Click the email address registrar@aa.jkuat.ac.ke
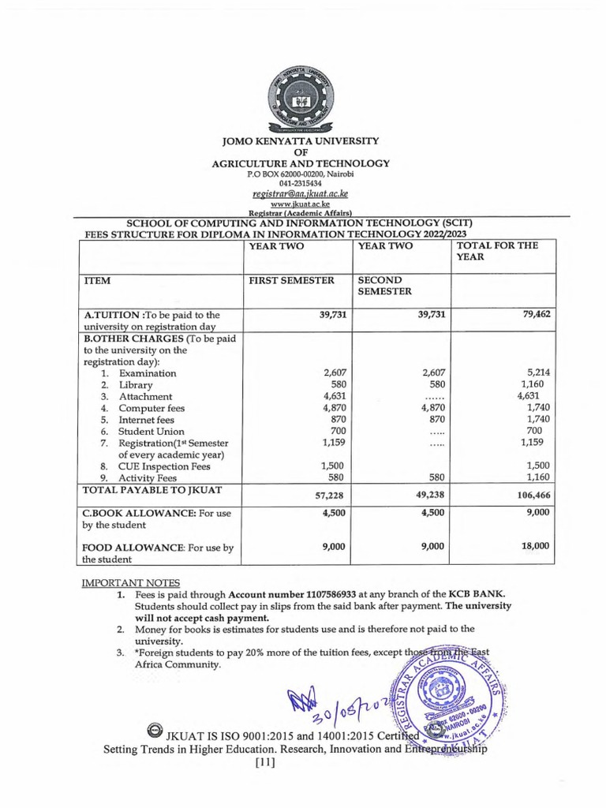302,192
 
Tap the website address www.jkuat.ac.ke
302,203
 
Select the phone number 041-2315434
302,181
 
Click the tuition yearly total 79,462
536,314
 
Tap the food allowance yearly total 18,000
536,545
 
